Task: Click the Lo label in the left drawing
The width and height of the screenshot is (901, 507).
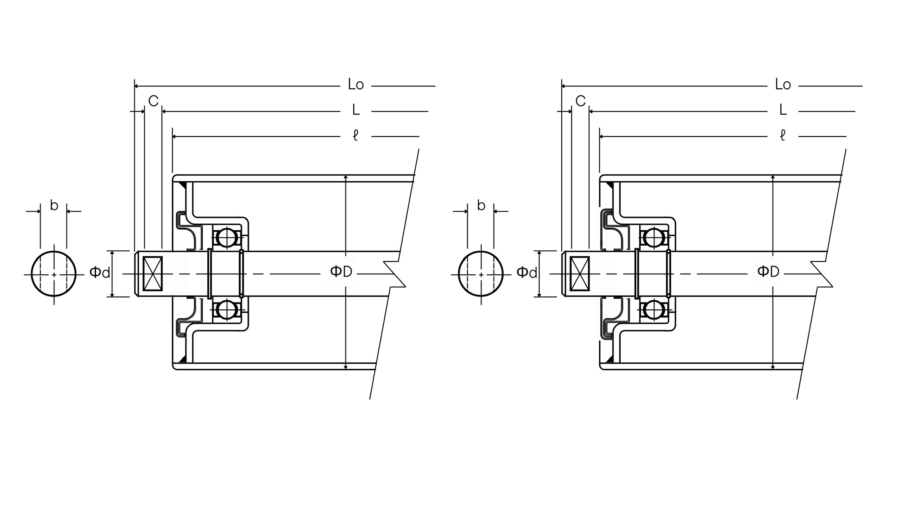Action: click(356, 85)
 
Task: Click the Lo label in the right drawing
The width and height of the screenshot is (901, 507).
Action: click(783, 85)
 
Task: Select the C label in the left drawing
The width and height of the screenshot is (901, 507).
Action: click(153, 101)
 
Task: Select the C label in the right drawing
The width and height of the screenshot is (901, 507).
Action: click(581, 101)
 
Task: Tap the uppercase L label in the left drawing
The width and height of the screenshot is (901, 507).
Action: click(356, 110)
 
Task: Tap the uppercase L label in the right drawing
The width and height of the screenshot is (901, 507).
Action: click(783, 110)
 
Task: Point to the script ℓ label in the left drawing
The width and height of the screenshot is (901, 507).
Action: click(355, 136)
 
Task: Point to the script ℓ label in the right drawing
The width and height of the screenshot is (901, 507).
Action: click(782, 136)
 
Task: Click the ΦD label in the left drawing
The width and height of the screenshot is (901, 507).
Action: click(341, 271)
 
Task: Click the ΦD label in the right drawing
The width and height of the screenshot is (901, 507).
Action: click(768, 271)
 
